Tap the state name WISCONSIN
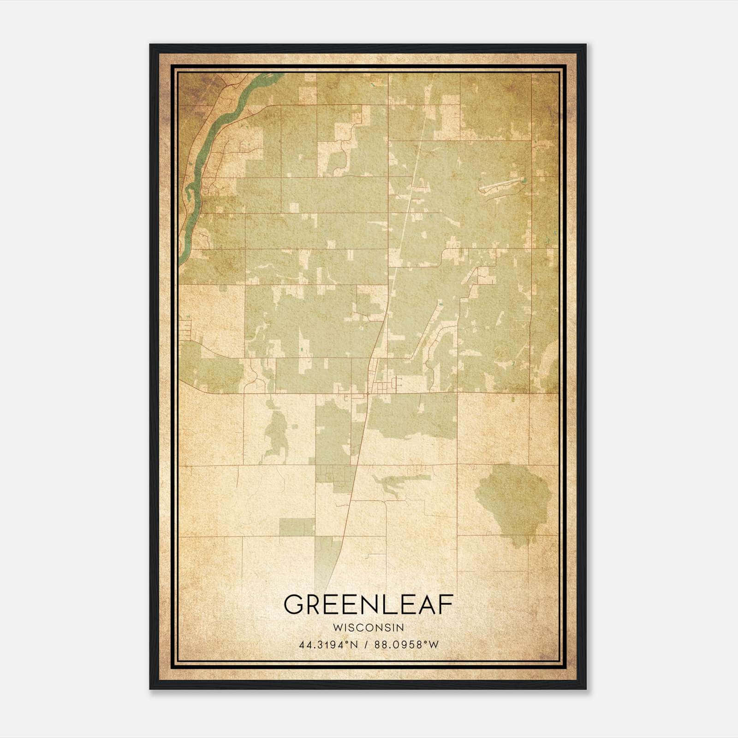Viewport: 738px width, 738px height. coord(368,628)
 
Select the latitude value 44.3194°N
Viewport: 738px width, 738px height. coord(328,645)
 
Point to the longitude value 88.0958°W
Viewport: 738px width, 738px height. coord(406,645)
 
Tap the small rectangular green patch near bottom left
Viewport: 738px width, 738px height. coord(297,527)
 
